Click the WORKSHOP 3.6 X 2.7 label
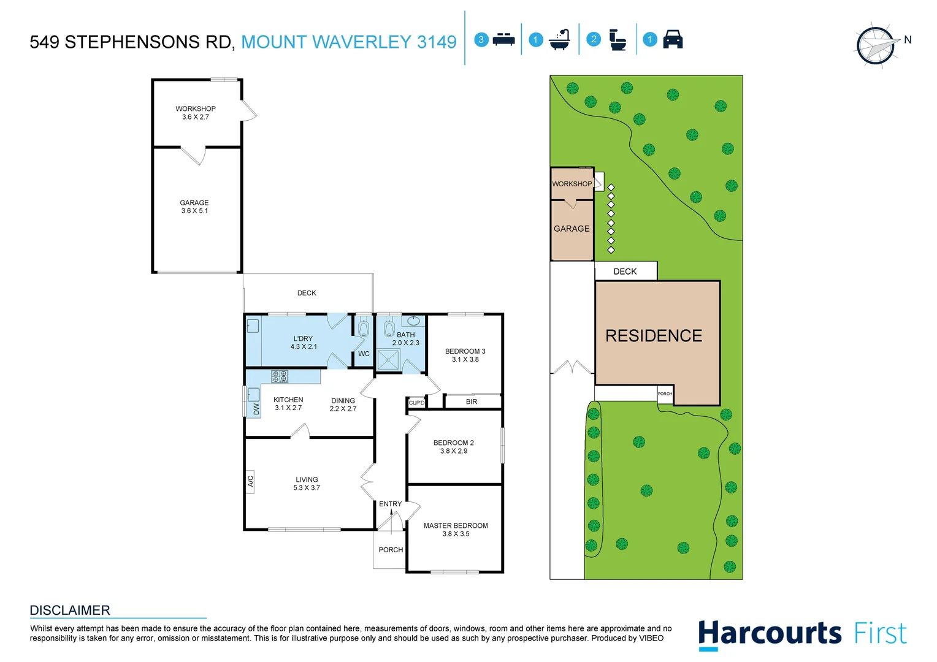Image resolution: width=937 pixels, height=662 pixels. pyautogui.click(x=195, y=113)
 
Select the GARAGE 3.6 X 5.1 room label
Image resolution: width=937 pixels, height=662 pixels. pyautogui.click(x=194, y=207)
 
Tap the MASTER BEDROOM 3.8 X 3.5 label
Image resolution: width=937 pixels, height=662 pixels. pyautogui.click(x=456, y=530)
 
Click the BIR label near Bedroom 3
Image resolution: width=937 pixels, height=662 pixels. pyautogui.click(x=471, y=402)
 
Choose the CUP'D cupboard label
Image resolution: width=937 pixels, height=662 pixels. pyautogui.click(x=416, y=403)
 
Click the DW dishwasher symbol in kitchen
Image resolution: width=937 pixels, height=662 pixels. pyautogui.click(x=256, y=409)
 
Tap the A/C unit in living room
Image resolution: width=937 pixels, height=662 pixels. pyautogui.click(x=250, y=481)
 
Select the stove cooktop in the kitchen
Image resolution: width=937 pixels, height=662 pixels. pyautogui.click(x=280, y=376)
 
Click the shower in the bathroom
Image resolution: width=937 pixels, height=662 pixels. pyautogui.click(x=388, y=360)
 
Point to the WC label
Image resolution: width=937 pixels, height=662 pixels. pyautogui.click(x=364, y=354)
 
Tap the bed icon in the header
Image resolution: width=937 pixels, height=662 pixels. pyautogui.click(x=503, y=40)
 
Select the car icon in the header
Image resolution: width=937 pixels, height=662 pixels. pyautogui.click(x=673, y=39)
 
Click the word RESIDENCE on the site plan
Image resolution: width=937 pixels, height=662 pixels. pyautogui.click(x=654, y=336)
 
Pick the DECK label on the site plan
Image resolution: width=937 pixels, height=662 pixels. pyautogui.click(x=625, y=272)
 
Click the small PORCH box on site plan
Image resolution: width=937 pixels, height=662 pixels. pyautogui.click(x=665, y=394)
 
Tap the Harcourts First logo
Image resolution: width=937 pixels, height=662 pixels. pyautogui.click(x=802, y=634)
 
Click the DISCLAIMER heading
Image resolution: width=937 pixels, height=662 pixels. pyautogui.click(x=70, y=611)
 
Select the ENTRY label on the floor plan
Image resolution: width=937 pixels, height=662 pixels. pyautogui.click(x=390, y=504)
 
